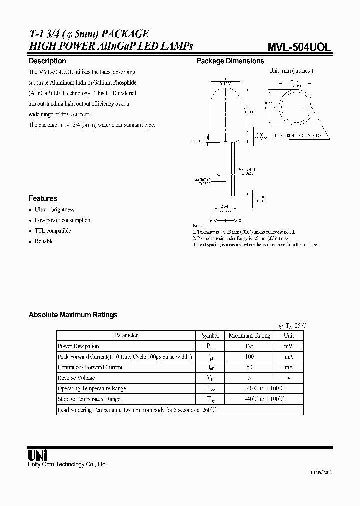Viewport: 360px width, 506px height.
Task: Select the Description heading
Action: pyautogui.click(x=47, y=61)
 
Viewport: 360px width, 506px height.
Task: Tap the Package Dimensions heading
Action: pyautogui.click(x=230, y=61)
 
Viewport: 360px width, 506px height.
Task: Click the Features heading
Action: pyautogui.click(x=43, y=198)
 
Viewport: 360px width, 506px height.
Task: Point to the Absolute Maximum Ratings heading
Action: pyautogui.click(x=73, y=315)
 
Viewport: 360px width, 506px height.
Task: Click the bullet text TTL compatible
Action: pyautogui.click(x=53, y=231)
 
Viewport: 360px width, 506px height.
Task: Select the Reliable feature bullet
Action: pyautogui.click(x=44, y=241)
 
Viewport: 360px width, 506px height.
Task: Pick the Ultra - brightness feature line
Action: pyautogui.click(x=54, y=210)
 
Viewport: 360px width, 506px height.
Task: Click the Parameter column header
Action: pyautogui.click(x=126, y=336)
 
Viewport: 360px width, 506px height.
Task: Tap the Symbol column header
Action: pyautogui.click(x=210, y=336)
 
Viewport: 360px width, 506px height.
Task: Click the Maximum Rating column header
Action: pyautogui.click(x=249, y=336)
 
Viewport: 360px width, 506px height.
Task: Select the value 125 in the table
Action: pyautogui.click(x=249, y=346)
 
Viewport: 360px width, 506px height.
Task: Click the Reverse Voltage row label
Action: pyautogui.click(x=76, y=378)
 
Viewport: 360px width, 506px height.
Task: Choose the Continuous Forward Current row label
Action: pyautogui.click(x=90, y=367)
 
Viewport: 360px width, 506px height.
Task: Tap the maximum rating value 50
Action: pyautogui.click(x=249, y=367)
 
